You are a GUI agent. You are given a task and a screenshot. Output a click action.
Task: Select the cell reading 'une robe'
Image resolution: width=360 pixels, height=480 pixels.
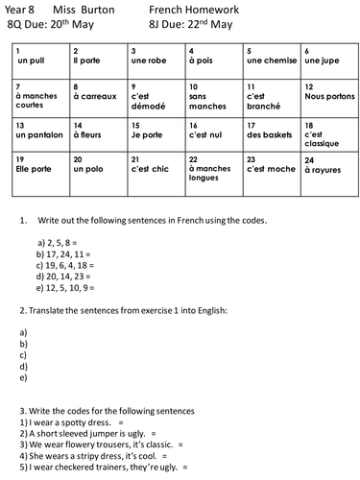coord(156,60)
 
